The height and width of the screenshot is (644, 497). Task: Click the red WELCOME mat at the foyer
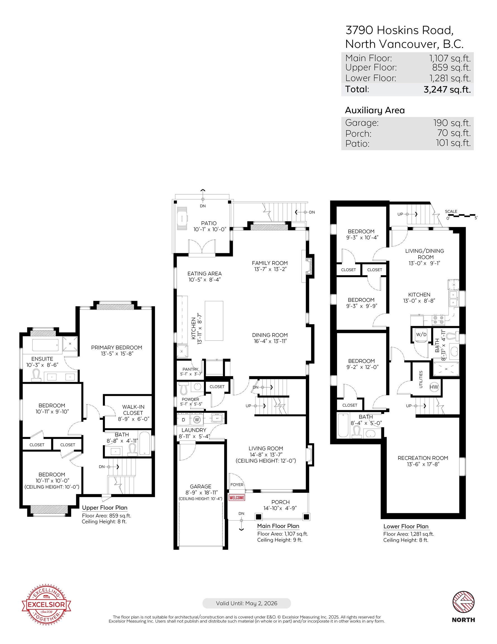click(237, 498)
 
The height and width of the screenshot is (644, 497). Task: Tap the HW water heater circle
click(434, 387)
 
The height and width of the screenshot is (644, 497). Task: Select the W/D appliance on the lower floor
click(421, 335)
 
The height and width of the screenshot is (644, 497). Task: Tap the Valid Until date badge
click(247, 603)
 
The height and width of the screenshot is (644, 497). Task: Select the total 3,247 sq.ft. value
click(447, 89)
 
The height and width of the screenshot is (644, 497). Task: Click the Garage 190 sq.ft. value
click(452, 123)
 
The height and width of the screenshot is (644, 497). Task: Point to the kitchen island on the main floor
click(214, 321)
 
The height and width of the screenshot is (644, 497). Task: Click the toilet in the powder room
click(183, 388)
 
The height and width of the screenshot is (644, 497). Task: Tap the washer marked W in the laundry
click(197, 420)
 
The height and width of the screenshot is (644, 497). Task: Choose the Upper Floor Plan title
click(105, 508)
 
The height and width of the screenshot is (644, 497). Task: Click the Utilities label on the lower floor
click(421, 380)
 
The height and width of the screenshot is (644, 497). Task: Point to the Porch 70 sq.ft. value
click(454, 133)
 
